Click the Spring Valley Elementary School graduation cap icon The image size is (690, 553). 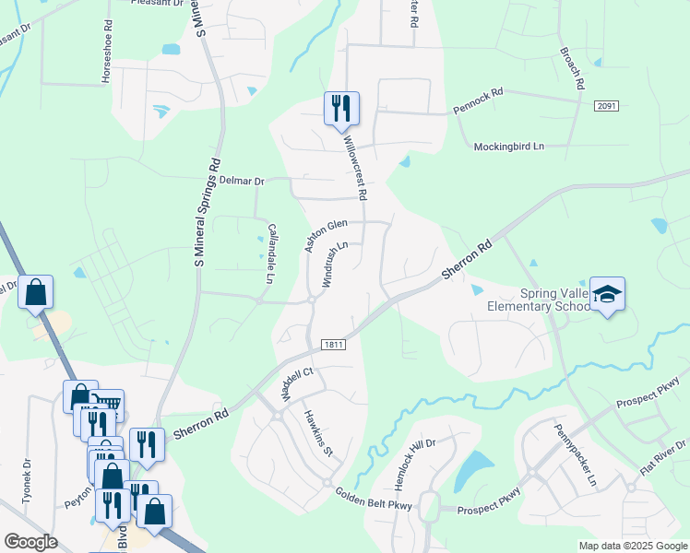click(608, 295)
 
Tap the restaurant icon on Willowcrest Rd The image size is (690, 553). click(341, 108)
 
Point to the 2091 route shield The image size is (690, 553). click(606, 107)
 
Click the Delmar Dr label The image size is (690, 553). click(242, 181)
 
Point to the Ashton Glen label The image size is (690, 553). click(326, 235)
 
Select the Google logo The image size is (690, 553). click(30, 542)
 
